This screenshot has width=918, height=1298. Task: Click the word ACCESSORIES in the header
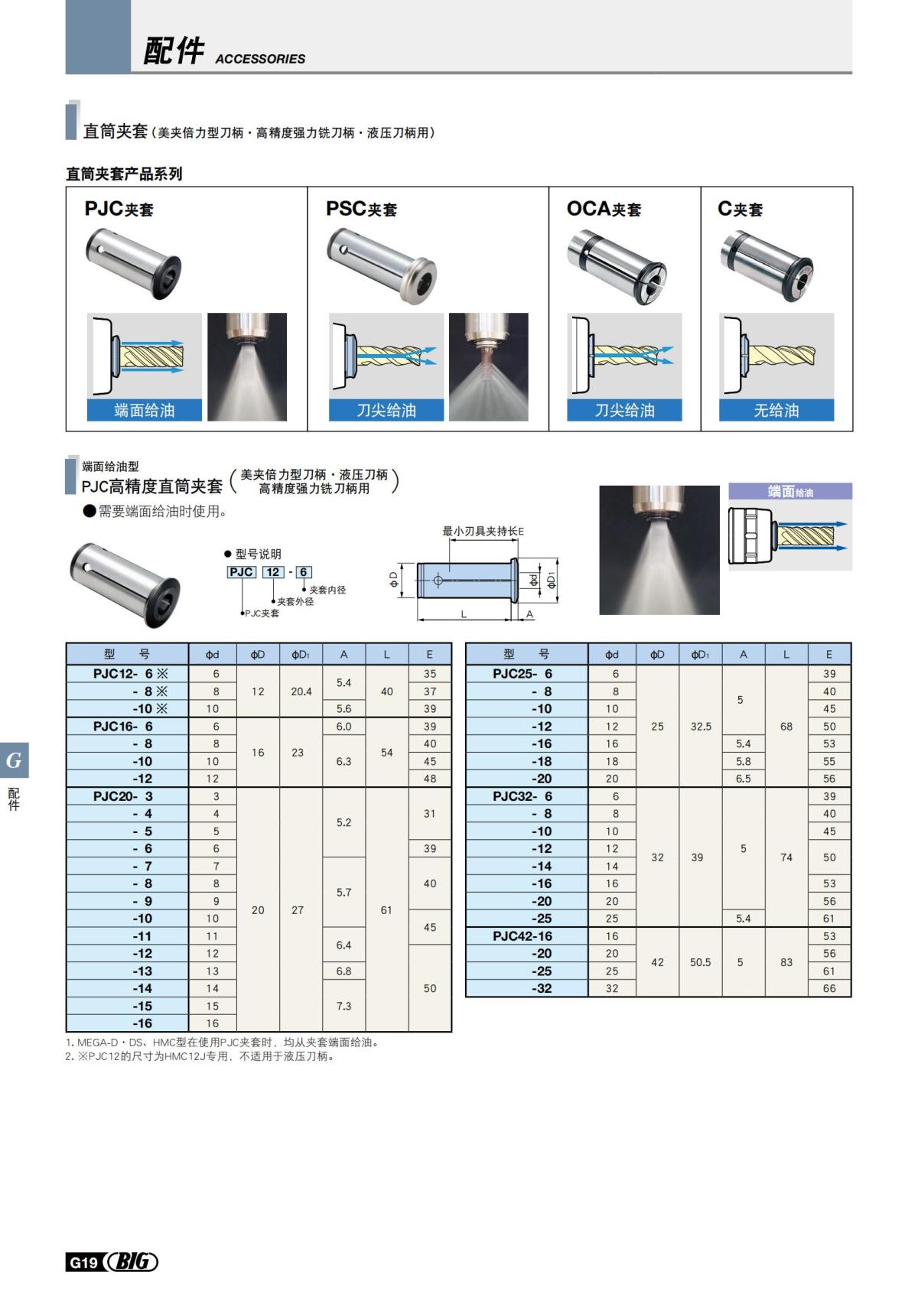click(260, 59)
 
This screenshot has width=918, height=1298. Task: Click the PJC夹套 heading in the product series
click(119, 209)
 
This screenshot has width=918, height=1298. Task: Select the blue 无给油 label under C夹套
click(776, 410)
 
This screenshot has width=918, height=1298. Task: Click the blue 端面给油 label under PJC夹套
click(145, 410)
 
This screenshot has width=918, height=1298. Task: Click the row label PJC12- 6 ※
click(129, 674)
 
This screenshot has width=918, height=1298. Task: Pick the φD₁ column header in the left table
click(301, 654)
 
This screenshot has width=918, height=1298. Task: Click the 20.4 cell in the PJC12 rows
click(301, 691)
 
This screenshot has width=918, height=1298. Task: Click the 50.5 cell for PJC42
click(700, 962)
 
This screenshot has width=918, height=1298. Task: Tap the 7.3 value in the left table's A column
click(343, 1006)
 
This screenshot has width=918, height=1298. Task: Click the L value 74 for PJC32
click(786, 857)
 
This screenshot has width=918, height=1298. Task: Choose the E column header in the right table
click(829, 654)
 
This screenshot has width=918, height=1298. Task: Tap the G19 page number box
click(83, 1263)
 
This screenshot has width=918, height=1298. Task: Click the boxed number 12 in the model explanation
click(273, 572)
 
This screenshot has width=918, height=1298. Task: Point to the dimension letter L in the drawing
click(464, 614)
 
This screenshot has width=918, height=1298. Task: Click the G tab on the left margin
click(14, 760)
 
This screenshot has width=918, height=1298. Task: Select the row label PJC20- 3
click(123, 796)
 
